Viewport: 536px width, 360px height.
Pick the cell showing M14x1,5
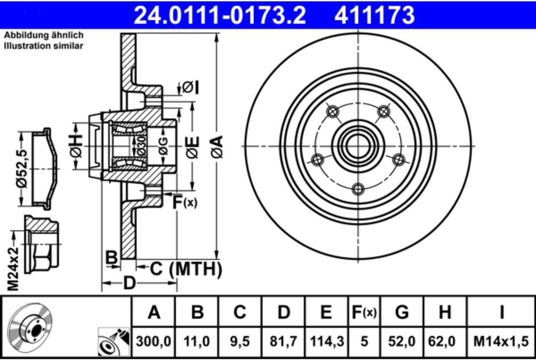coord(502,342)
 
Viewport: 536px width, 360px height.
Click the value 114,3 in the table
coord(326,342)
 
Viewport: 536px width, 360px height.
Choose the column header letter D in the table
coord(283,312)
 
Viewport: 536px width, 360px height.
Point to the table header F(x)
coord(364,312)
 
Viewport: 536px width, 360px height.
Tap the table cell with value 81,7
coord(283,342)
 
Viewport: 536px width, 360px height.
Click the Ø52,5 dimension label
coord(21,169)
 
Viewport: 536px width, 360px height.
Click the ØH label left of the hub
coord(76,146)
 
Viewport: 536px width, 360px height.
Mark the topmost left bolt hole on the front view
coord(332,111)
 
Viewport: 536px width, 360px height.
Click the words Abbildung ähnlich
coord(44,35)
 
